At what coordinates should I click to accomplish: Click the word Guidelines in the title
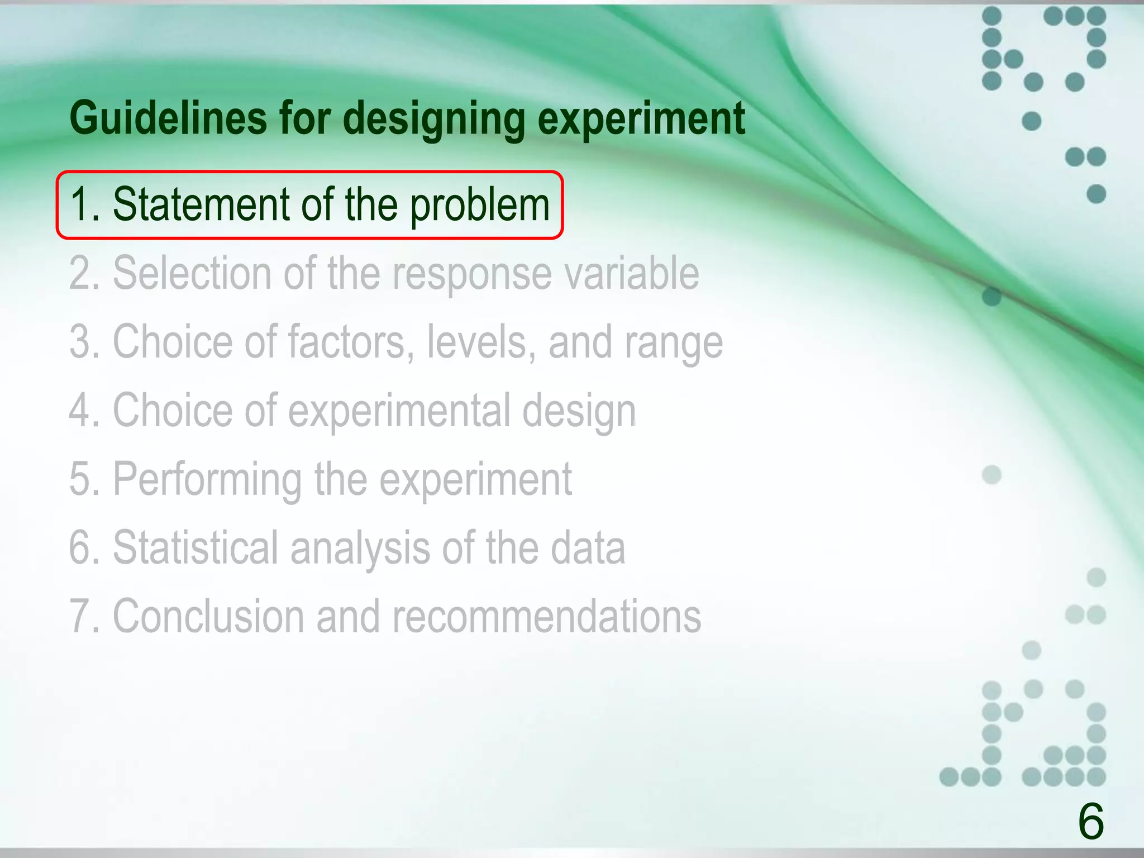click(x=168, y=118)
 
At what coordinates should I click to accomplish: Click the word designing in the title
click(x=433, y=120)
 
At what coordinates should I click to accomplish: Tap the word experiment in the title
click(x=641, y=120)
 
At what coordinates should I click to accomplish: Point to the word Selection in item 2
click(x=192, y=273)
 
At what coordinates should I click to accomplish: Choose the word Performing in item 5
click(x=207, y=480)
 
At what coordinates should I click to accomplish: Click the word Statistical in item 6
click(x=196, y=547)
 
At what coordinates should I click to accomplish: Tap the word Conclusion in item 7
click(x=208, y=616)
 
